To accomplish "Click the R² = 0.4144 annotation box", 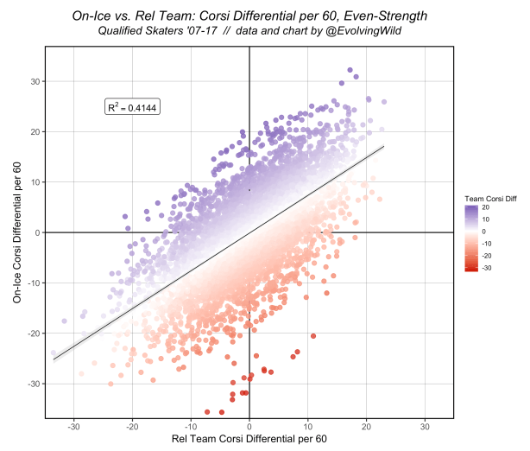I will [x=132, y=107].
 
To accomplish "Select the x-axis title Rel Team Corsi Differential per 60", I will [x=249, y=440].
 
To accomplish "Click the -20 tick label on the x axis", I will [x=132, y=426].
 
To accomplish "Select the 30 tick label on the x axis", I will [x=426, y=426].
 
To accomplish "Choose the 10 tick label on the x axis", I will [x=308, y=426].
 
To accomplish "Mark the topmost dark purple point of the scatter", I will [x=350, y=70].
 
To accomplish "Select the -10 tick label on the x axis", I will [x=191, y=426].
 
